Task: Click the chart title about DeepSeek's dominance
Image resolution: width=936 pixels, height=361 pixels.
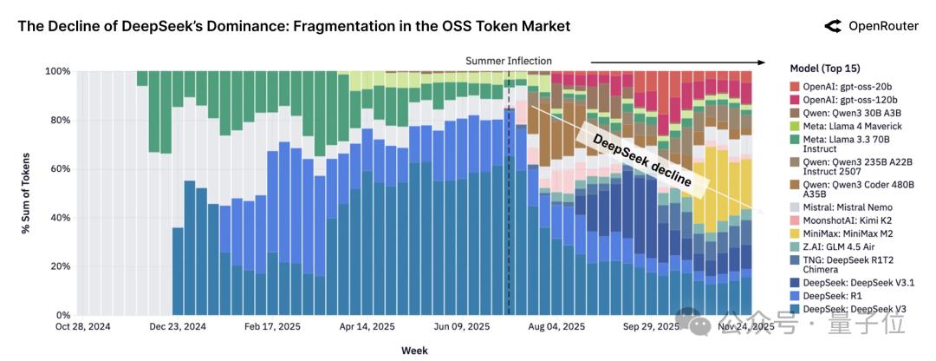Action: [x=294, y=26]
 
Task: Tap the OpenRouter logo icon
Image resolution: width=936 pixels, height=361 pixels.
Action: [x=833, y=26]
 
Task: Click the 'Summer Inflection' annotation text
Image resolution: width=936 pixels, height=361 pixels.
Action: [x=509, y=61]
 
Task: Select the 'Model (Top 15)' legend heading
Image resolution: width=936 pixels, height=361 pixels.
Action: [x=826, y=69]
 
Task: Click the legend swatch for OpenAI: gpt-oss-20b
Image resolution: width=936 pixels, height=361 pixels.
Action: [x=796, y=87]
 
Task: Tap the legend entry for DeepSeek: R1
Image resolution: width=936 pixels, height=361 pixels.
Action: [x=831, y=296]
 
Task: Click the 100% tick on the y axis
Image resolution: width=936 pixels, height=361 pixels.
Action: [x=57, y=71]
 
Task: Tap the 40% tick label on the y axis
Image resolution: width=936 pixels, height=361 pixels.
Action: [x=60, y=218]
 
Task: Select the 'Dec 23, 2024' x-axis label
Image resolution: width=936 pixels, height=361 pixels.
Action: [x=178, y=327]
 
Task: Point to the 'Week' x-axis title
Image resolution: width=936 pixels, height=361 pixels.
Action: [x=413, y=351]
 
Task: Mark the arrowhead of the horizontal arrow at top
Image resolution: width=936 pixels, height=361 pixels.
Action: [x=763, y=62]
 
